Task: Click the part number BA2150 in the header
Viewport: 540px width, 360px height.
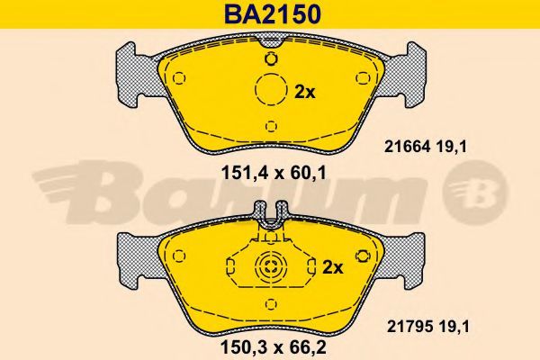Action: pyautogui.click(x=273, y=14)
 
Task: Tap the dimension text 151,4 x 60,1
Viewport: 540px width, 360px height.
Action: pyautogui.click(x=273, y=173)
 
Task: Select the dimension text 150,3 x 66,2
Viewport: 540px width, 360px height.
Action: pyautogui.click(x=273, y=347)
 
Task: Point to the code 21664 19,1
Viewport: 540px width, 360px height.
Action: pyautogui.click(x=426, y=147)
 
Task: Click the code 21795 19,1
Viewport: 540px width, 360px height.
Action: pyautogui.click(x=427, y=327)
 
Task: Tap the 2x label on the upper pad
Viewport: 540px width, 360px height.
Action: pyautogui.click(x=305, y=93)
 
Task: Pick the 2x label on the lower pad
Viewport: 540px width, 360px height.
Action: pyautogui.click(x=333, y=267)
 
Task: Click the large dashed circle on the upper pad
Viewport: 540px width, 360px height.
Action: pyautogui.click(x=271, y=89)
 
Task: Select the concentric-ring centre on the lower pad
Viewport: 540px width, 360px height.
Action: pyautogui.click(x=271, y=266)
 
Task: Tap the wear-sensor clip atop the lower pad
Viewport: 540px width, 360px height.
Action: pyautogui.click(x=271, y=215)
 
